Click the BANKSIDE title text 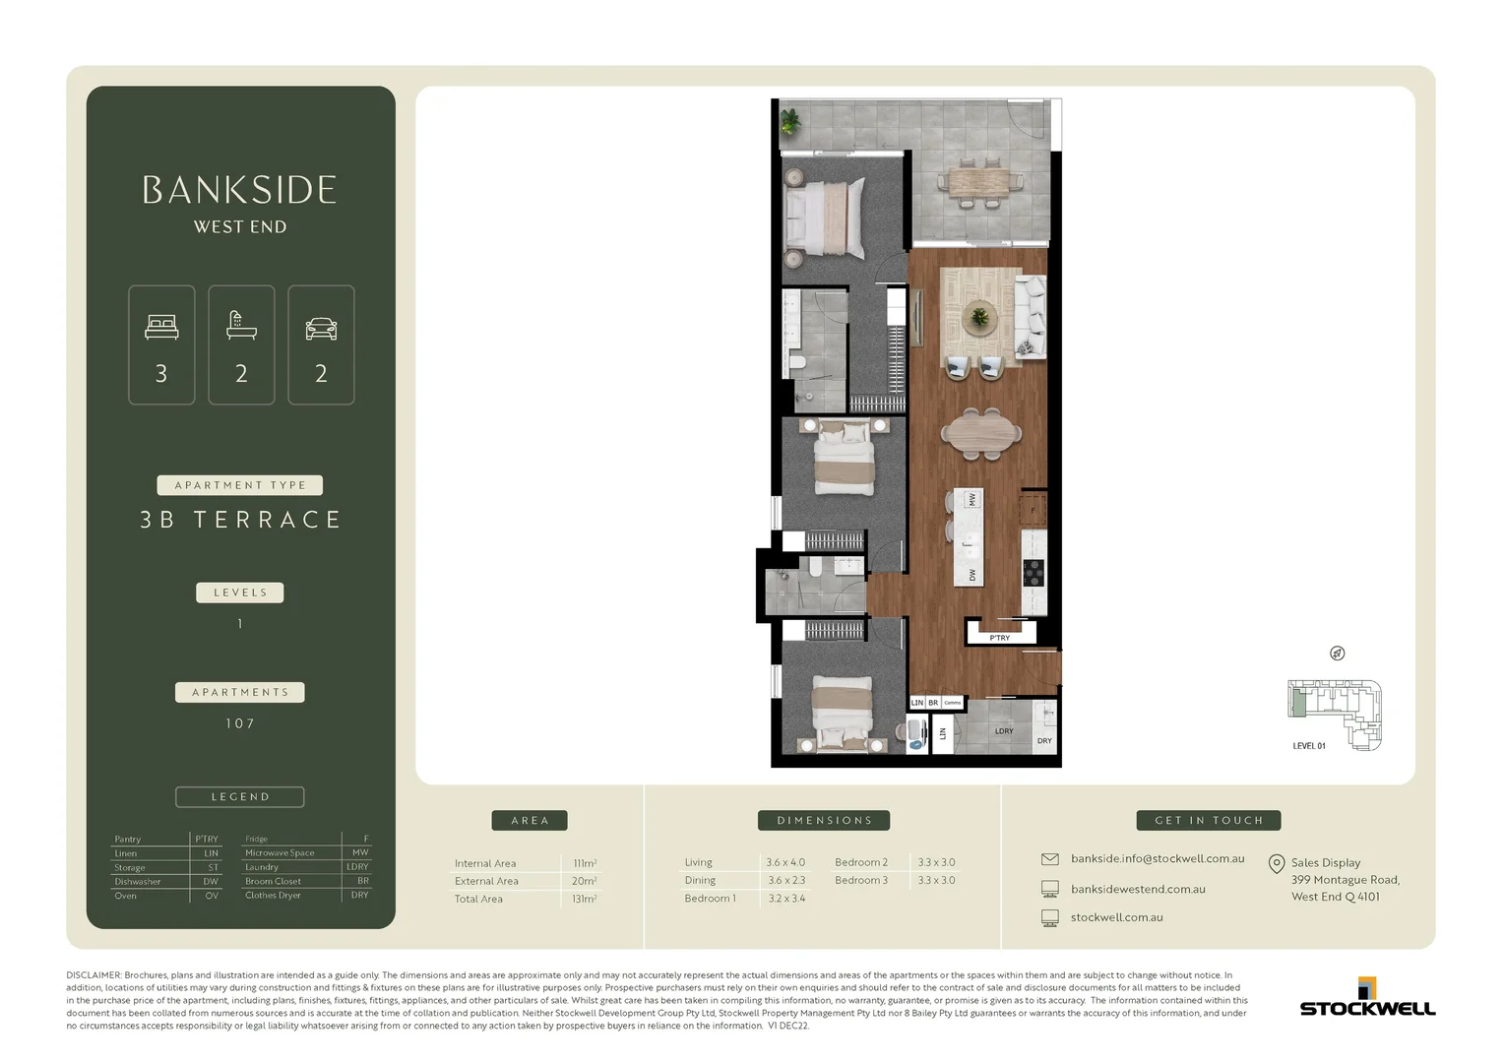239,190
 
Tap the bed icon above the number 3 161,327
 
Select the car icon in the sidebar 321,328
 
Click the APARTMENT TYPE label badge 240,485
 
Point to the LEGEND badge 240,796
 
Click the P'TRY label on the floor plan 999,638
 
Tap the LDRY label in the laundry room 1003,731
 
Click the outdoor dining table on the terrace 978,182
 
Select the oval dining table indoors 980,432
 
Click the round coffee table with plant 978,317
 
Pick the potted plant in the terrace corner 790,122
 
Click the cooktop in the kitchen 1034,572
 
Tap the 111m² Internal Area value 585,863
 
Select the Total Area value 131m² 584,899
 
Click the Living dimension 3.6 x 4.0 784,862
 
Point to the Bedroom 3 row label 860,880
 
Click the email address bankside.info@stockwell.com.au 1158,858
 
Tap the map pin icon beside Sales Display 1276,864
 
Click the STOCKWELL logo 1367,1000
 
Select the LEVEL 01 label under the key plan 1308,746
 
